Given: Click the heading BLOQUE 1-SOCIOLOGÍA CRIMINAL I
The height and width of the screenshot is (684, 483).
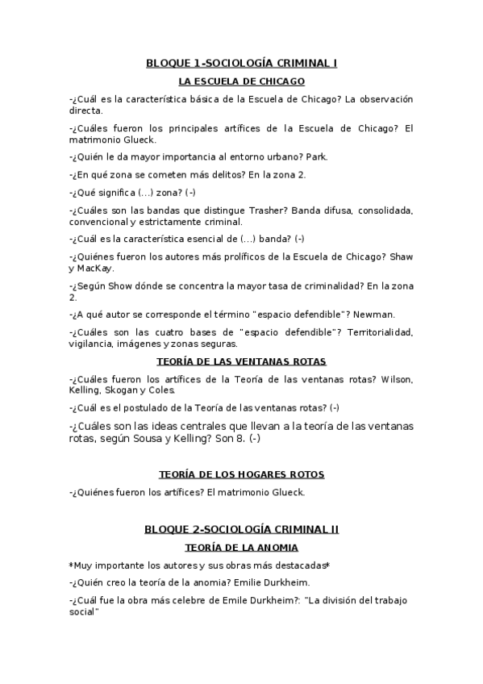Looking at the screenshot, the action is tap(241, 62).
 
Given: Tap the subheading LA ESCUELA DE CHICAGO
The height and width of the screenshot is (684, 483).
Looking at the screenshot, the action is tap(241, 81).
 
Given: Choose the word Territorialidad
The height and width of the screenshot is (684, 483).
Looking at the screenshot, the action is tap(379, 332).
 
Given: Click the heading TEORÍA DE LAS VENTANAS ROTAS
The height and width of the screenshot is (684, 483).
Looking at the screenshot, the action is tap(241, 361).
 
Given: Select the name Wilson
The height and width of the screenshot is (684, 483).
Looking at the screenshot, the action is tap(397, 379).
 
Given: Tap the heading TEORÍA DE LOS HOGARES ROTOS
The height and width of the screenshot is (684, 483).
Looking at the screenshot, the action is tap(241, 474).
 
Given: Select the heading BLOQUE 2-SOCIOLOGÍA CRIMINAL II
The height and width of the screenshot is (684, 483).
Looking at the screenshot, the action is tap(241, 529).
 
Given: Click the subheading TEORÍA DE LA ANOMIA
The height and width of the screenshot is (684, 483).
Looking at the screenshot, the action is tap(241, 548).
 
